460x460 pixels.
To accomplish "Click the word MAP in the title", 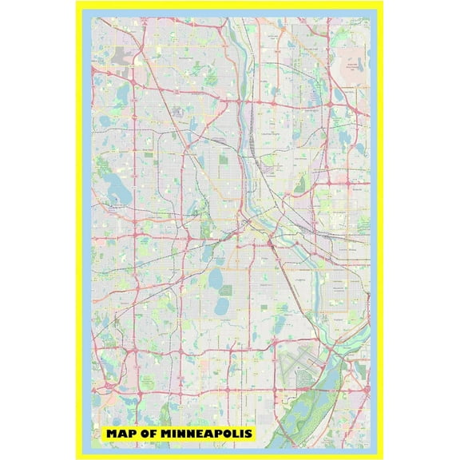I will [121, 433].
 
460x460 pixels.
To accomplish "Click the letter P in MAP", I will [131, 433].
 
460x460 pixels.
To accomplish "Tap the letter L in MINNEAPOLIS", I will [234, 433].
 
